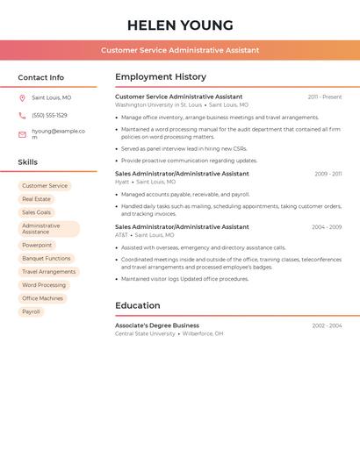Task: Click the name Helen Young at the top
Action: (180, 25)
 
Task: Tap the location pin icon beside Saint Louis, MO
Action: (22, 97)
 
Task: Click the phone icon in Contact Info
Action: (22, 115)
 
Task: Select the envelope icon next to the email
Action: (22, 134)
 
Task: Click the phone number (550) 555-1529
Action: (49, 115)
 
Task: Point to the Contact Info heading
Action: (40, 77)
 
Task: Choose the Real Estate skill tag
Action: (36, 199)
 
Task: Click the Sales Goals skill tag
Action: (37, 212)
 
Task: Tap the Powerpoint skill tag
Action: (37, 246)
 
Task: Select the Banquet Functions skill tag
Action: (47, 259)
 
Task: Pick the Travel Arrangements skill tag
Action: (49, 272)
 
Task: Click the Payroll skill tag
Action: (31, 311)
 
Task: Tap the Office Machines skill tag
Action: (42, 298)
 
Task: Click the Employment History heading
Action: (161, 77)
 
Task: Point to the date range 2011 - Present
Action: (325, 97)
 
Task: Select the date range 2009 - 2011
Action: (328, 174)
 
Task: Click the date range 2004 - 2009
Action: (327, 227)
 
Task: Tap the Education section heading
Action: (137, 305)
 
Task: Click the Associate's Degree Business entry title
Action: (157, 325)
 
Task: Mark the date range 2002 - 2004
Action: (327, 325)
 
